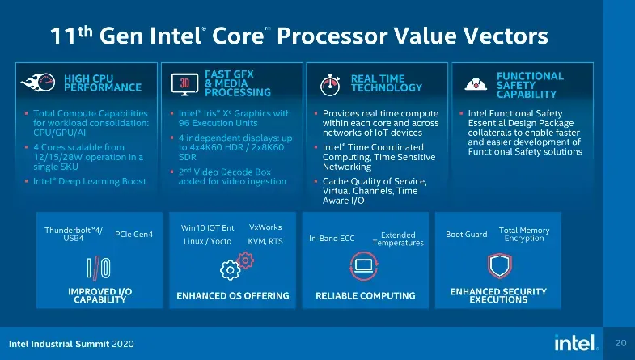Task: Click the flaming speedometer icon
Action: [38, 83]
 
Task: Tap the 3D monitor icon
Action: [184, 84]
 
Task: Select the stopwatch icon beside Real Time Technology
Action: [330, 85]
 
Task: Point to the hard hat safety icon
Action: [476, 84]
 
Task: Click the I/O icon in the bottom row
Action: [99, 268]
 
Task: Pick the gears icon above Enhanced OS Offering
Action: [236, 266]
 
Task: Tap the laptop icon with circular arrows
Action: [364, 266]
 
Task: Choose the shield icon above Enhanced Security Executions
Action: [500, 266]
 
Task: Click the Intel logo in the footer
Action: [576, 342]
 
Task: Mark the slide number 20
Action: [620, 343]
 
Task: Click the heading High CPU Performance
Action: [103, 83]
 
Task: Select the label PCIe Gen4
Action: [133, 234]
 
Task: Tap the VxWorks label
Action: [265, 227]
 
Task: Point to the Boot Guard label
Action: [467, 234]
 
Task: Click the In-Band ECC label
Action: [332, 239]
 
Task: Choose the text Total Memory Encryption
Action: [524, 234]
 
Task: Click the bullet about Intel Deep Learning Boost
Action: [90, 181]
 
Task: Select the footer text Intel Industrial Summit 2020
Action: [71, 344]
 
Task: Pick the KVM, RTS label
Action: [265, 241]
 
